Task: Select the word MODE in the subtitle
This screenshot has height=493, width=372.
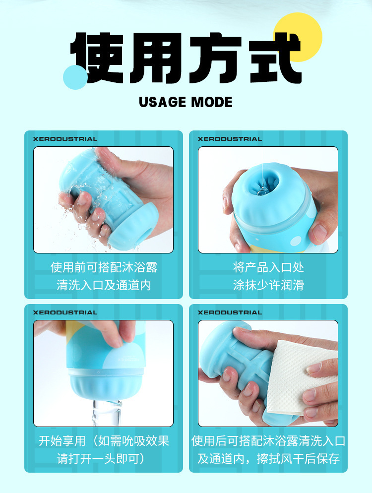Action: click(x=212, y=102)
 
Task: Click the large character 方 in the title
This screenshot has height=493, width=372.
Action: click(x=216, y=58)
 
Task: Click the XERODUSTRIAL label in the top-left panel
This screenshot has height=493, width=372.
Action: click(x=65, y=139)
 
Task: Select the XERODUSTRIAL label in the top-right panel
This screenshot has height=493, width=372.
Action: click(x=230, y=139)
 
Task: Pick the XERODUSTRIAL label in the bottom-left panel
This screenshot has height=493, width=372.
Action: click(x=65, y=312)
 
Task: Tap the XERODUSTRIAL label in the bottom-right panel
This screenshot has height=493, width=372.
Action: click(x=230, y=312)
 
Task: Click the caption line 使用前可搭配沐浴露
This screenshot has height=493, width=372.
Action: click(x=104, y=267)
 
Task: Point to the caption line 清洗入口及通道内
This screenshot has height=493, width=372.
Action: click(x=104, y=285)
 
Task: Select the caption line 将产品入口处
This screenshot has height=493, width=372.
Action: click(x=268, y=267)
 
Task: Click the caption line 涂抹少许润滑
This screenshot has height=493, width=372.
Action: click(x=268, y=285)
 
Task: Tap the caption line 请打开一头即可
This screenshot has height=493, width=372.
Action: click(x=101, y=459)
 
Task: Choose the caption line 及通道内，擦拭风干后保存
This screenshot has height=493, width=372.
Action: click(x=268, y=459)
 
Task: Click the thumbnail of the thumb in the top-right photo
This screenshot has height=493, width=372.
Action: click(x=319, y=232)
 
